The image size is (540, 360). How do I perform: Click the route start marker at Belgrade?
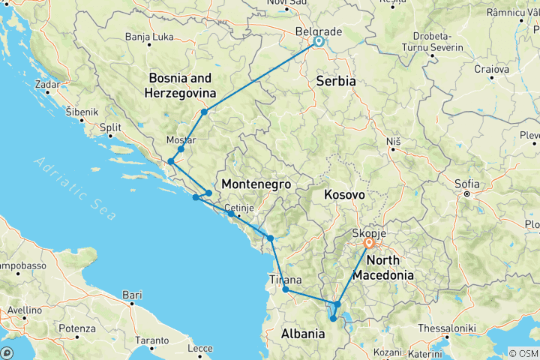pyautogui.click(x=319, y=42)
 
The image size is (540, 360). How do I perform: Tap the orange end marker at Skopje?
pyautogui.click(x=369, y=243)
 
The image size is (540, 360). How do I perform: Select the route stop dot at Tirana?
pyautogui.click(x=286, y=289)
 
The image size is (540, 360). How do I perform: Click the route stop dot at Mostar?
pyautogui.click(x=181, y=149)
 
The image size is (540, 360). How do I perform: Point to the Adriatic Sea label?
pyautogui.click(x=75, y=187)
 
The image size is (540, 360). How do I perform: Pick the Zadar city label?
pyautogui.click(x=46, y=84)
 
